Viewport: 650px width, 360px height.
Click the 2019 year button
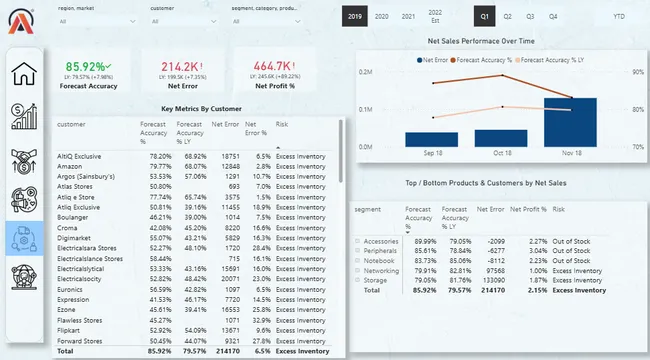(x=355, y=17)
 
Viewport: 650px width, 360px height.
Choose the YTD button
(x=620, y=17)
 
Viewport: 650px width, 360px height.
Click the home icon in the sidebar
(x=24, y=73)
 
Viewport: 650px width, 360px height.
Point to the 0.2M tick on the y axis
(x=366, y=72)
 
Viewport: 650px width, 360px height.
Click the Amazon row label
(x=72, y=166)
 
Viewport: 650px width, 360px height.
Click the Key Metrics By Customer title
(x=200, y=109)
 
